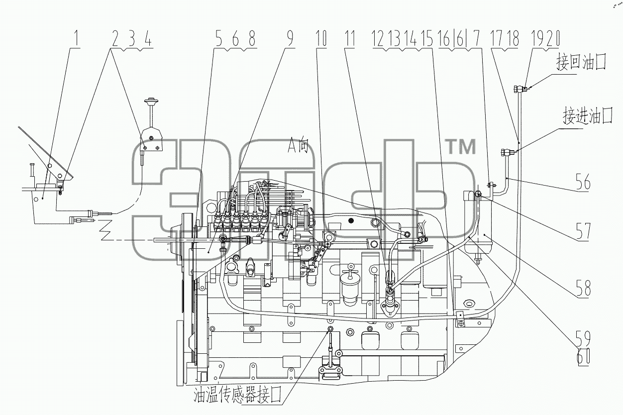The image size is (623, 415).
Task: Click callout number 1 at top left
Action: point(76,38)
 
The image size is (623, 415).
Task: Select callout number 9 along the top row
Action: point(290,38)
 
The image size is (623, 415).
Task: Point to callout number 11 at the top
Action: point(350,38)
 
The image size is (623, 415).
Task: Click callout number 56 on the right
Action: point(583,182)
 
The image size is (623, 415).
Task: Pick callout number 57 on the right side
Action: point(583,231)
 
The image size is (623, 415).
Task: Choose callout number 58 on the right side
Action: point(583,288)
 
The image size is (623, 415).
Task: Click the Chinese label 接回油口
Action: point(581,62)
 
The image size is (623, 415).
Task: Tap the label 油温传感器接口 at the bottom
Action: point(237,395)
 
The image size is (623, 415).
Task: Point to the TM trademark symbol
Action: point(461,147)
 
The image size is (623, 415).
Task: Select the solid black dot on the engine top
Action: point(351,221)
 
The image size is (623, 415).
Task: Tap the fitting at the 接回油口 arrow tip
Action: point(520,89)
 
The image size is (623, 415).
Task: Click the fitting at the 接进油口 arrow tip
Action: point(507,152)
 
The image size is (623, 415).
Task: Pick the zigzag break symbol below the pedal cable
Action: point(106,229)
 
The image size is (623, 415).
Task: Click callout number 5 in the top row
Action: point(219,38)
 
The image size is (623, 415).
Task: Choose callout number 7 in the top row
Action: point(476,38)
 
